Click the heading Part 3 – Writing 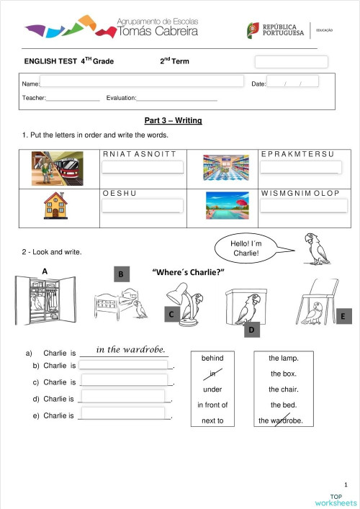click(x=173, y=120)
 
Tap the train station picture click(x=57, y=168)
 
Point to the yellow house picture click(x=54, y=205)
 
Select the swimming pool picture click(x=227, y=205)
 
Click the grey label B click(x=122, y=274)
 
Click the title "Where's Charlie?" click(x=189, y=271)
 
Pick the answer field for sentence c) click(x=126, y=381)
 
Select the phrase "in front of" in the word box click(x=212, y=405)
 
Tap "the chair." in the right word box click(x=284, y=389)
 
